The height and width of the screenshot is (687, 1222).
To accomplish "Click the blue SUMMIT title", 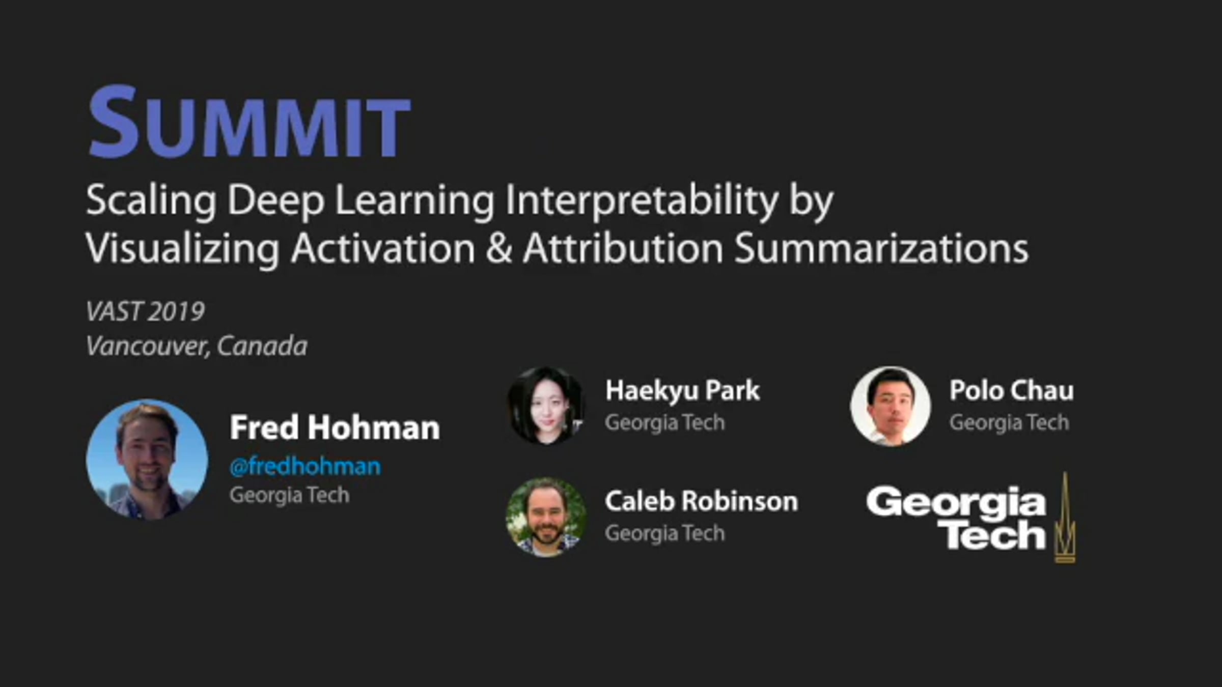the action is pos(249,123).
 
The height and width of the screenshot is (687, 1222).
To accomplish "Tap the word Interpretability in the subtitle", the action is pos(642,202).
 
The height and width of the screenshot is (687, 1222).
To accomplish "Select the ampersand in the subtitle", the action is pos(498,248).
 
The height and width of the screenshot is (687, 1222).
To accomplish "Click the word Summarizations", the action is pos(881,248).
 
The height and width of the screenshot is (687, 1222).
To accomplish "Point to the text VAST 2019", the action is pos(145,311).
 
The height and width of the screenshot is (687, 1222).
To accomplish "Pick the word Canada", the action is pos(262,347).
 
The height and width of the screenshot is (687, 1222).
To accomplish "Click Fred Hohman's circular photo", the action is pos(147,460).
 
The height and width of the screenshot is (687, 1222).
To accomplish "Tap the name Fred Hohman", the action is pos(335,427).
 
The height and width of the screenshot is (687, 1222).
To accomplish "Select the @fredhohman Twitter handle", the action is pos(305,466).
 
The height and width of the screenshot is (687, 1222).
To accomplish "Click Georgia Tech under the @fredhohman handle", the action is pos(289,495).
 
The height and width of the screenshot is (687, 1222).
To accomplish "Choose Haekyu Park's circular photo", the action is pos(546,406).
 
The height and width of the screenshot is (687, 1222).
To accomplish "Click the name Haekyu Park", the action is pos(682,391).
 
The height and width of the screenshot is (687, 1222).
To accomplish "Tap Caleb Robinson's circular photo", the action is pos(546,517).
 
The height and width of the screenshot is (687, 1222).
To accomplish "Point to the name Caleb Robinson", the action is pos(702,501).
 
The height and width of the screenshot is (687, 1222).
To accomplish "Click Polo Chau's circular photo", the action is pos(891,406).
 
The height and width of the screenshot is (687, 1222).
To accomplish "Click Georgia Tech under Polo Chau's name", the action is pos(1009,422).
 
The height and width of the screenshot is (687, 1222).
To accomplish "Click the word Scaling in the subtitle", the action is pos(151,202).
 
